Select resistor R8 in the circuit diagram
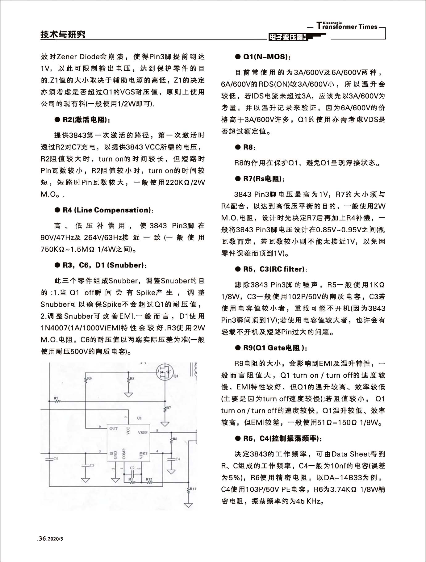click(128, 381)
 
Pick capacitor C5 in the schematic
click(49, 459)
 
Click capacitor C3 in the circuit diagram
click(86, 465)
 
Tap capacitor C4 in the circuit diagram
click(171, 459)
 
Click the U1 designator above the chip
click(139, 418)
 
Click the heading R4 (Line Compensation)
click(106, 210)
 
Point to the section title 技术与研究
click(63, 35)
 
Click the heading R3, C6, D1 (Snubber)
click(105, 265)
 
